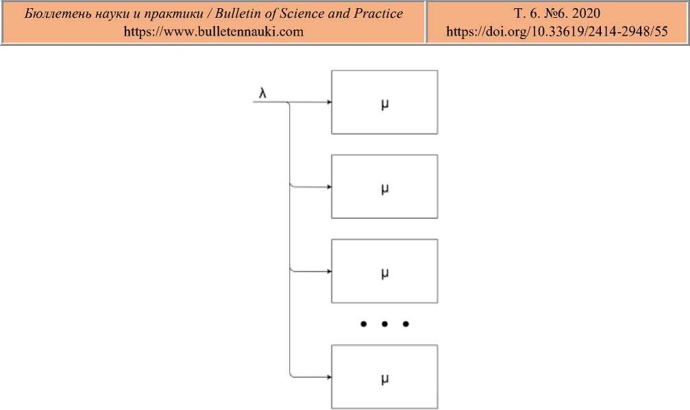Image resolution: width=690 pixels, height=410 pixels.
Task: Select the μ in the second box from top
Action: point(384,188)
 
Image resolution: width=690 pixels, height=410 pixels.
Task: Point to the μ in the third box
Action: point(384,272)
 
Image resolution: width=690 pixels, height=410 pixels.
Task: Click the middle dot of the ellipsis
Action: point(384,324)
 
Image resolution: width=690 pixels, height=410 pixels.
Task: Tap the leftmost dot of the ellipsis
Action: point(364,324)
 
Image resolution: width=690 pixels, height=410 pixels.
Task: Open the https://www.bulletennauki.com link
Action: point(213,31)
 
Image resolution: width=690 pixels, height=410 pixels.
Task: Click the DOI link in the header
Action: point(556,31)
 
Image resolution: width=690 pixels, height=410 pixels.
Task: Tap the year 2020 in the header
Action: point(585,14)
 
